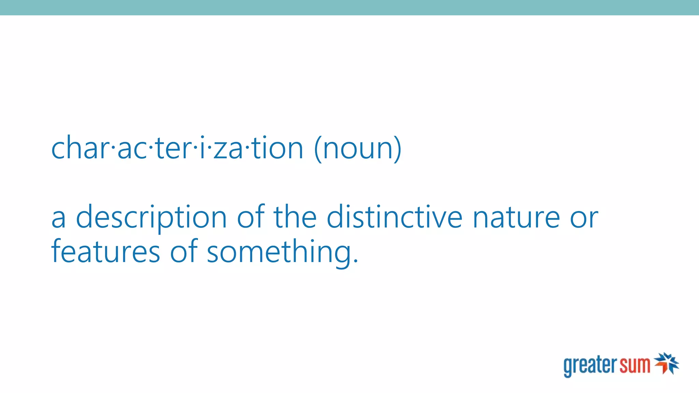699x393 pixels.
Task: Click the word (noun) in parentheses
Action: point(357,148)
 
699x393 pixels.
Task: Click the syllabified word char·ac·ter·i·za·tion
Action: point(177,148)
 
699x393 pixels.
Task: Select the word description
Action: point(151,218)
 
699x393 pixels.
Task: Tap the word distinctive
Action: point(394,217)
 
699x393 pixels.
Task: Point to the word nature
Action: point(516,218)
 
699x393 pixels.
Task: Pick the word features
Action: point(105,252)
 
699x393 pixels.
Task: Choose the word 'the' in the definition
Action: point(295,217)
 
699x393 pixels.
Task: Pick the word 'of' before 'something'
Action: point(184,251)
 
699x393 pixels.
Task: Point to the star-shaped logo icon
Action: point(666,363)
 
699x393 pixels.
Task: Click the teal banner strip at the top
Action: point(349,8)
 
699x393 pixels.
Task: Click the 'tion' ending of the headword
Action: point(277,148)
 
